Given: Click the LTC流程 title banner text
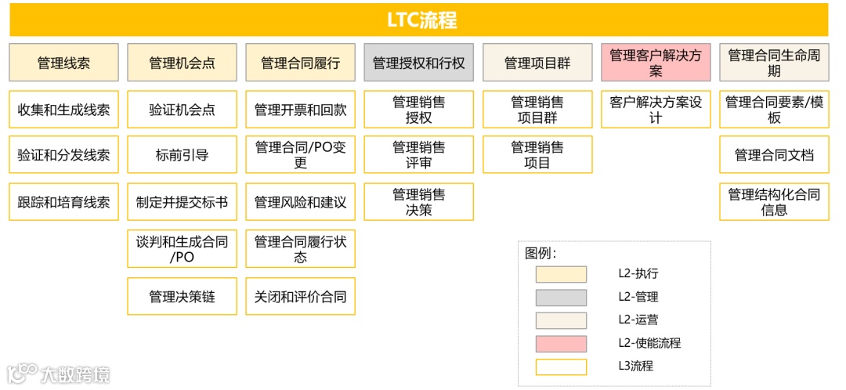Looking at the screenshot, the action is pyautogui.click(x=421, y=20).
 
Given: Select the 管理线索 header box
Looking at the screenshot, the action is pyautogui.click(x=64, y=63).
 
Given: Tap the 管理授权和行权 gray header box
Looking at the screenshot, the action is pyautogui.click(x=418, y=63).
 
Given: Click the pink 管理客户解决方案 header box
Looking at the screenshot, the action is pyautogui.click(x=656, y=63).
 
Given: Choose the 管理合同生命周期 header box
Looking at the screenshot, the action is pyautogui.click(x=774, y=63).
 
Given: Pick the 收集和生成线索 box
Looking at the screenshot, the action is pyautogui.click(x=64, y=110).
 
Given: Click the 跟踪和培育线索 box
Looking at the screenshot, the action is pyautogui.click(x=64, y=202).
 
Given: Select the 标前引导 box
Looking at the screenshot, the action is pyautogui.click(x=182, y=155).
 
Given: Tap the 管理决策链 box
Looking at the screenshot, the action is pyautogui.click(x=182, y=297).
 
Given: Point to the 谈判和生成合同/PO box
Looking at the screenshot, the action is pyautogui.click(x=182, y=249).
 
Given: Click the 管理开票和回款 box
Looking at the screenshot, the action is pyautogui.click(x=300, y=110).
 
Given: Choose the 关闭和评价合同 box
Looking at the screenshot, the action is pyautogui.click(x=300, y=297).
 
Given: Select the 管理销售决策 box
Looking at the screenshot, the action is pyautogui.click(x=418, y=202).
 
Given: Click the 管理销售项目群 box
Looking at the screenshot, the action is pyautogui.click(x=537, y=110).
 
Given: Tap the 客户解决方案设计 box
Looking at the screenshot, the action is pyautogui.click(x=656, y=110).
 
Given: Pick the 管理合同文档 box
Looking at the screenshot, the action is pyautogui.click(x=774, y=155).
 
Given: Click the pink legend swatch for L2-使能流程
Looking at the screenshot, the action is pyautogui.click(x=561, y=344).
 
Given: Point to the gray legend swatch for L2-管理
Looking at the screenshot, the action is pyautogui.click(x=561, y=298).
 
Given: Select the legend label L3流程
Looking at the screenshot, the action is pyautogui.click(x=635, y=366).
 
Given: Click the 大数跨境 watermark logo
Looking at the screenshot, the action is pyautogui.click(x=59, y=374).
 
